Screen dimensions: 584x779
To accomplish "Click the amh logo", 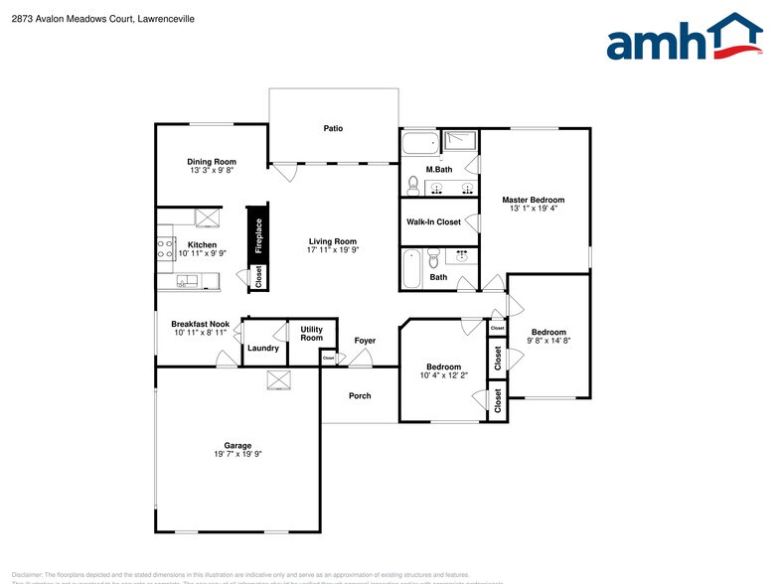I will [x=685, y=39].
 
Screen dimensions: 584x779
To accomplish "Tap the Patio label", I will [x=333, y=128].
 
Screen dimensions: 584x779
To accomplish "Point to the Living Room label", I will [x=332, y=241].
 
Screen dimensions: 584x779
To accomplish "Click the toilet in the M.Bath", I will [x=413, y=185].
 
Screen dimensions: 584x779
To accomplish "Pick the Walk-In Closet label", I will [x=433, y=222].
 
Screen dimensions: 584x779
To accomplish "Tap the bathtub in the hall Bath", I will [x=411, y=268].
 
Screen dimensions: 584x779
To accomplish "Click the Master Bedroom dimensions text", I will [x=535, y=209].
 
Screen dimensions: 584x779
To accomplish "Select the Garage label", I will [x=237, y=446].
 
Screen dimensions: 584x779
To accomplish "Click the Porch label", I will [x=360, y=396].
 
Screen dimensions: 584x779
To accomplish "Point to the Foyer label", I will [x=365, y=341].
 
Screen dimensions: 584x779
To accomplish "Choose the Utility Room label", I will [x=311, y=334].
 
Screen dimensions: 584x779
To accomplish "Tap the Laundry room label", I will [x=263, y=348].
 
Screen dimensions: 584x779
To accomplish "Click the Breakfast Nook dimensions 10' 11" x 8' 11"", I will [x=201, y=333].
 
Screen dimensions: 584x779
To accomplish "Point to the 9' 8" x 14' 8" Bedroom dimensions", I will [x=547, y=341].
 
